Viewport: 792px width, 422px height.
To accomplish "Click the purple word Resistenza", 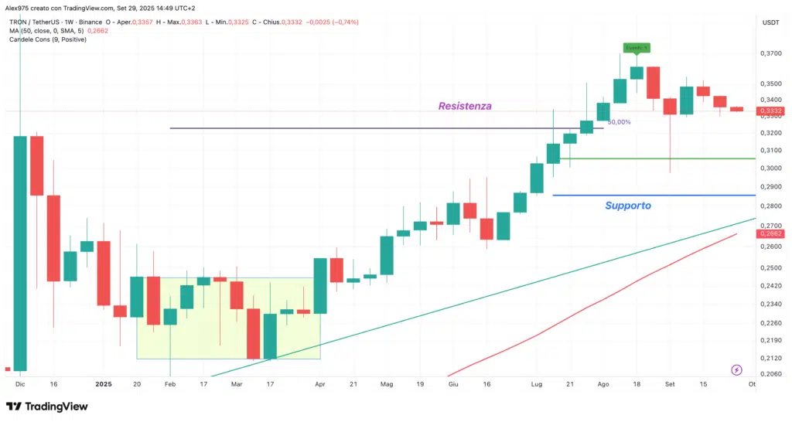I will point(465,106).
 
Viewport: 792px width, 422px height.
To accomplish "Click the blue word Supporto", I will point(627,206).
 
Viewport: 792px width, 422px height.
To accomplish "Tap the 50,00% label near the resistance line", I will point(619,122).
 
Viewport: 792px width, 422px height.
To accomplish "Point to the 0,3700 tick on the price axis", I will point(770,54).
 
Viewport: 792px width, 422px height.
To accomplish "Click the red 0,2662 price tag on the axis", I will point(770,233).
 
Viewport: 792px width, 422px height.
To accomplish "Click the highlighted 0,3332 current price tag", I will point(770,111).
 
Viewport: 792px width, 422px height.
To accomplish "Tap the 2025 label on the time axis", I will point(104,383).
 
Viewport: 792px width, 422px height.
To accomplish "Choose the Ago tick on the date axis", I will point(603,383).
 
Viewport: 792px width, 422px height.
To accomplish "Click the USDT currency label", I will point(770,22).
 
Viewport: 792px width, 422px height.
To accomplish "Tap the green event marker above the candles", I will point(637,48).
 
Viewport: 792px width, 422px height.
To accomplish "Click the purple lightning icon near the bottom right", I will point(736,370).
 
